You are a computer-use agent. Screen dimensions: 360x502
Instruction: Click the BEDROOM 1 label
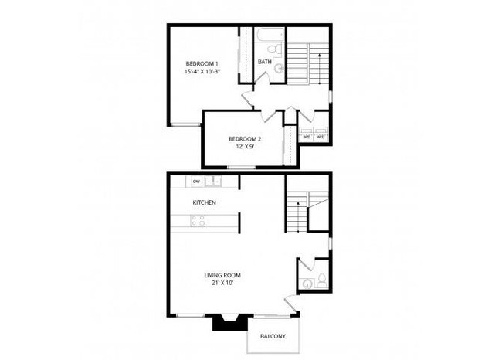point(202,63)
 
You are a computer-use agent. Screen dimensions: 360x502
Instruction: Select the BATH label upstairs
point(265,62)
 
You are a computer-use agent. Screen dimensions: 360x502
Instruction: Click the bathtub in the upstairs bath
point(270,36)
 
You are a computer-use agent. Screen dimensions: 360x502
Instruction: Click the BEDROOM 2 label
point(244,139)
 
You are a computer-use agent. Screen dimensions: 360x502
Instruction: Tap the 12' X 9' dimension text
point(244,148)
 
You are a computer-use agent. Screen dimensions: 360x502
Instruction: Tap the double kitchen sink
point(214,182)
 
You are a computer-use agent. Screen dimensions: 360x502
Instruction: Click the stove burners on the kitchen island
point(198,222)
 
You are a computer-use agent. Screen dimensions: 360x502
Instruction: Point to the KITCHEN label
point(204,202)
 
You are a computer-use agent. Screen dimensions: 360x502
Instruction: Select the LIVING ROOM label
point(223,275)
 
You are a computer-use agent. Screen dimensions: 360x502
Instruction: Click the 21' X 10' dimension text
point(223,284)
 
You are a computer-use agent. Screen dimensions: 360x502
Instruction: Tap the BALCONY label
point(272,336)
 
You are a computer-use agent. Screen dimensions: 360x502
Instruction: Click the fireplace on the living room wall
point(229,321)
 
